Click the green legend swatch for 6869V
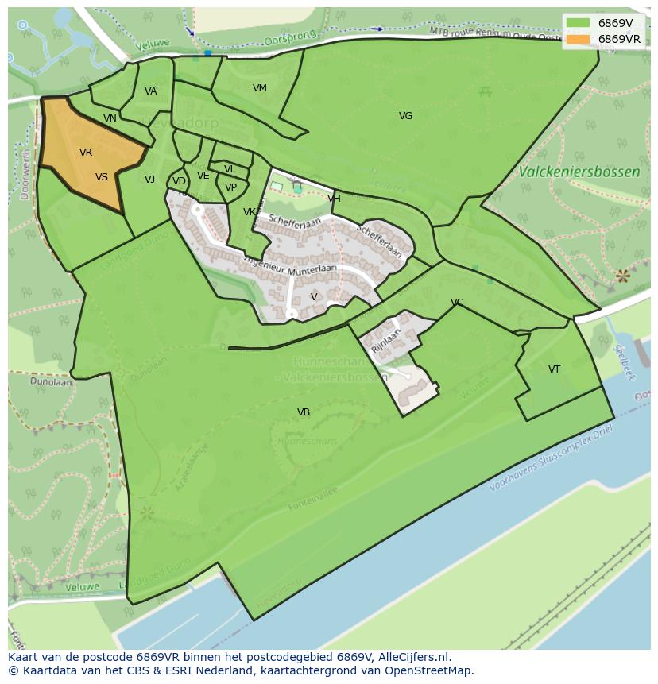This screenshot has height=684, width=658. pos(579,23)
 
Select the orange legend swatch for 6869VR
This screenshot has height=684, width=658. pos(579,39)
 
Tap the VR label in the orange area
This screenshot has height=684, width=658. pos(86,153)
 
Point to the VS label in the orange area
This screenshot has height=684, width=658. pos(102,177)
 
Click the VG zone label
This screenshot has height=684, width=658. pos(405,116)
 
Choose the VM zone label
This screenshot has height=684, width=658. pos(260,88)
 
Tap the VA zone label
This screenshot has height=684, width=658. pos(151,91)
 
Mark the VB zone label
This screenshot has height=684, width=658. pos(304,412)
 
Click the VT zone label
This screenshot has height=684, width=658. pos(554,369)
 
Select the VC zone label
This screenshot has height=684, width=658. pos(457,303)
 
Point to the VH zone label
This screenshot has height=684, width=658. pos(334,199)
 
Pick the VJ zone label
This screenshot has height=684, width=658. pos(149,180)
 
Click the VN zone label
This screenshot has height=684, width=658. pos(110,118)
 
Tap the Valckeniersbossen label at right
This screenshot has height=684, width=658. pos(579,172)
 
